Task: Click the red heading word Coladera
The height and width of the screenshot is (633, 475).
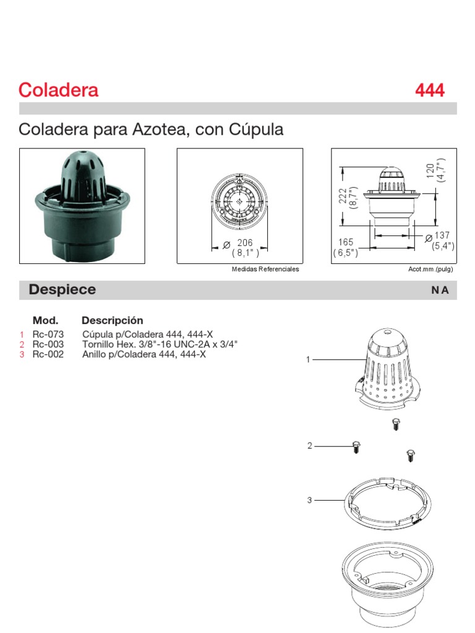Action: point(59,90)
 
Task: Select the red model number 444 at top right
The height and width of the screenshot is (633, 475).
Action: point(429,90)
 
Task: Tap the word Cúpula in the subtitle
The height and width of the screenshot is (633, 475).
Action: point(256,130)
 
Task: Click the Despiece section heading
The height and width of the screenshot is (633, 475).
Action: point(62,290)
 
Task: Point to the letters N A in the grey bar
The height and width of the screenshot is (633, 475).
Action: point(440,291)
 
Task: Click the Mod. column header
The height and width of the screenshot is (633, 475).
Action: point(45,320)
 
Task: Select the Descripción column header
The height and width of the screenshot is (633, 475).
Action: point(112,320)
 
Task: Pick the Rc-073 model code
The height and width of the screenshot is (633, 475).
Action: point(48,334)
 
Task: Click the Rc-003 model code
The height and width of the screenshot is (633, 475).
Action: point(48,344)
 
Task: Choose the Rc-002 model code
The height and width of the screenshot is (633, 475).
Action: point(48,354)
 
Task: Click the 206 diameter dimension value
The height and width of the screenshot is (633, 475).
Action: point(245,243)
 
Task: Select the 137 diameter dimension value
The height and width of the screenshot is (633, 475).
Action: point(443,236)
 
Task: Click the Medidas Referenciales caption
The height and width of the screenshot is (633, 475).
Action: point(265,270)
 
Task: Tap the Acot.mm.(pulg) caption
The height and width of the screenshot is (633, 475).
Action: point(431,270)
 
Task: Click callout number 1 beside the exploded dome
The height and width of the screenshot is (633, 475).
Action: point(308,359)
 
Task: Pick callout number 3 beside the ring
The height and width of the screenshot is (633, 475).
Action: point(309,500)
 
